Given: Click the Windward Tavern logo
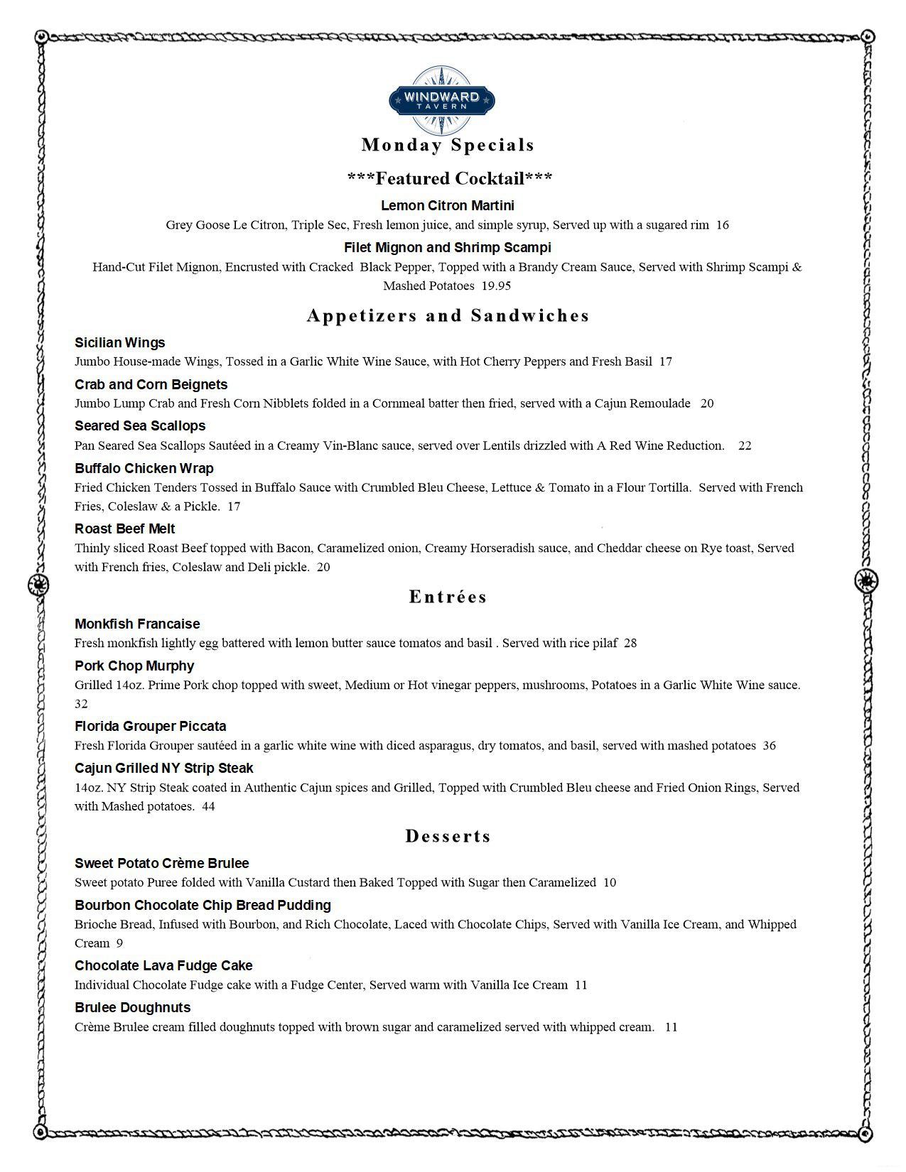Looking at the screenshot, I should [443, 100].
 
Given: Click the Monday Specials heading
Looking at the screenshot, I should [448, 145].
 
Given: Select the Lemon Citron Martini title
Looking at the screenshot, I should [448, 206].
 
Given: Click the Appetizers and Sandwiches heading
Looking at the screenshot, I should [448, 316].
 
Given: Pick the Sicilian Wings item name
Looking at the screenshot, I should [120, 343].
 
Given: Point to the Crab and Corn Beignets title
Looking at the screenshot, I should [151, 385].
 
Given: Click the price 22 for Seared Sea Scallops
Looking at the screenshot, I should [745, 446].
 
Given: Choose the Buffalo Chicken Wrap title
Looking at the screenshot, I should [144, 469].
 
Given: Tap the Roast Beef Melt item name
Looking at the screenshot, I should [125, 529].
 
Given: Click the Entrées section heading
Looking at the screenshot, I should [448, 597].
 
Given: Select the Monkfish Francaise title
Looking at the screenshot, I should [137, 624].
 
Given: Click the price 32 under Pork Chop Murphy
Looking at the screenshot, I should [81, 704].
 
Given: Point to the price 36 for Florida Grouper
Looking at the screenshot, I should [770, 746].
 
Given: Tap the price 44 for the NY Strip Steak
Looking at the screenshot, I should [208, 807].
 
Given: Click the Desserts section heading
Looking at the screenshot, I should [448, 837].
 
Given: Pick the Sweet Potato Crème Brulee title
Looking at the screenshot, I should [162, 864].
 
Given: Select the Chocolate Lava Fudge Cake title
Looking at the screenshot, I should [163, 966].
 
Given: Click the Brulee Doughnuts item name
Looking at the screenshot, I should [133, 1008].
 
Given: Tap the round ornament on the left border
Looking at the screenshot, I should [38, 585].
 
